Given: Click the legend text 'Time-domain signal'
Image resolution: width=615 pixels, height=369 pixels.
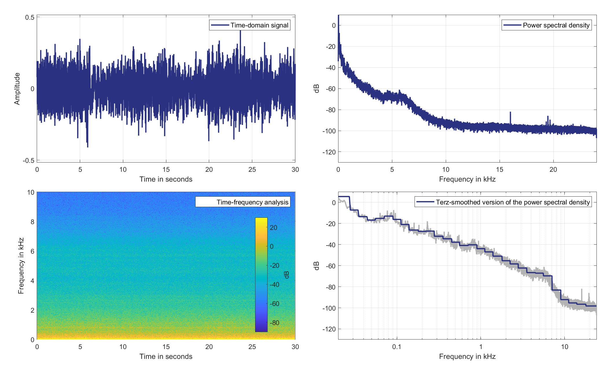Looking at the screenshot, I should coord(259,25).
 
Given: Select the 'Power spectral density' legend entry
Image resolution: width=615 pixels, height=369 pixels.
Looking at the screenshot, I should coord(556,25).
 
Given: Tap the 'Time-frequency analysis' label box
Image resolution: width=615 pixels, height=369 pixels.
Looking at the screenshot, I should coord(253,202).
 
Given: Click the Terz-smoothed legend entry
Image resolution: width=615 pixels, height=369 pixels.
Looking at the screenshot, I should coord(512,202).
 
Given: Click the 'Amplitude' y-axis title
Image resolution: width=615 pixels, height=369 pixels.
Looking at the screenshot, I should coord(17,89).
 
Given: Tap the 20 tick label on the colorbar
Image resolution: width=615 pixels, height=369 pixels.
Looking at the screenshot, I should coord(273,228).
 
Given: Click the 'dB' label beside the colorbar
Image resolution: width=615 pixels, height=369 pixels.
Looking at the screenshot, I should coord(286,275).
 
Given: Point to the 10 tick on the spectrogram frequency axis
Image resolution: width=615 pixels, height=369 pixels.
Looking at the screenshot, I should coord(31,193).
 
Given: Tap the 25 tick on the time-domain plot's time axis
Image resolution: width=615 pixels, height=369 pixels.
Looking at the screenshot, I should coord(252,169).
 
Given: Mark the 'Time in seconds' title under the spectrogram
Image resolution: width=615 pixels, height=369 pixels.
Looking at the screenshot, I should coord(166,357).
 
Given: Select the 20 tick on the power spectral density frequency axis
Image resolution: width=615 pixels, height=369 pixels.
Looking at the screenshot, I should coord(553,169).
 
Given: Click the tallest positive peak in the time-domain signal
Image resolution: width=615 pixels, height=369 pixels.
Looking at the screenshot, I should coord(240,31).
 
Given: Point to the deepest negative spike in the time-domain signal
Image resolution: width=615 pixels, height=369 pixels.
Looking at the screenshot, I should coord(88,147).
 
